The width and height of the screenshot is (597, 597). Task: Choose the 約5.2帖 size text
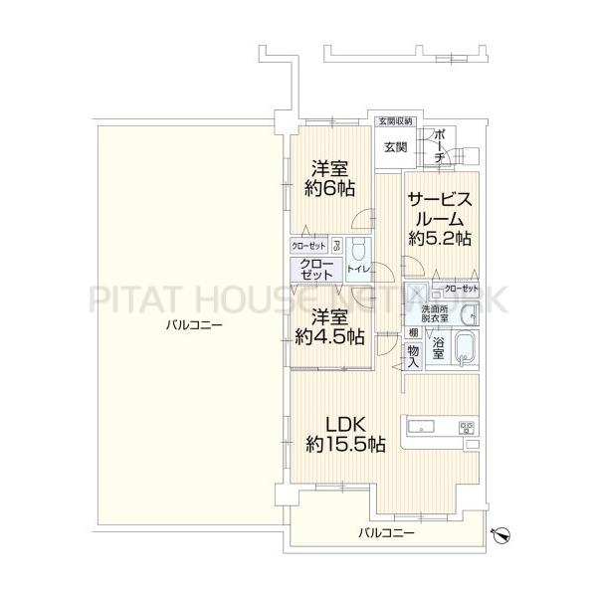pyautogui.click(x=439, y=239)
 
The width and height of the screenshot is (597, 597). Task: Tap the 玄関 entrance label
pyautogui.click(x=394, y=147)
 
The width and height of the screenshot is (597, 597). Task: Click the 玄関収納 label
pyautogui.click(x=394, y=122)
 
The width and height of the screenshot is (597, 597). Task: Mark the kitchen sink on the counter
pyautogui.click(x=419, y=428)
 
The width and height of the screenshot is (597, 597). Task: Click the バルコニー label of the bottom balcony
pyautogui.click(x=387, y=534)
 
